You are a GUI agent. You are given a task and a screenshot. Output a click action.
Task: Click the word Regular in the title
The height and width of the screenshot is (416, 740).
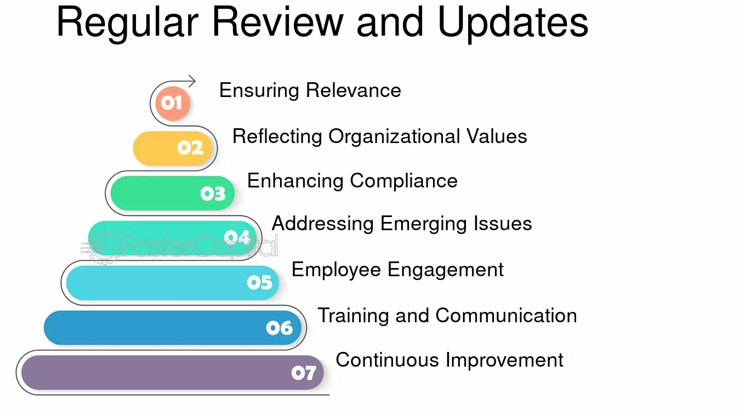[x=128, y=23]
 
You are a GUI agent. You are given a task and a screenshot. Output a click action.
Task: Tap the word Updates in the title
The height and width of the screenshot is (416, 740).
[x=513, y=23]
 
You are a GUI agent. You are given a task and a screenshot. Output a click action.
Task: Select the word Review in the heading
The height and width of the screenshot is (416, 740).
[x=277, y=21]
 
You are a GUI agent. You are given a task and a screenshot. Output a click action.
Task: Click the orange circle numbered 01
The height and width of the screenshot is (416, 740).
[x=173, y=103]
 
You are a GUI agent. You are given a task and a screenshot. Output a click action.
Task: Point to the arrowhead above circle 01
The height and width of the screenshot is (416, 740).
[x=192, y=81]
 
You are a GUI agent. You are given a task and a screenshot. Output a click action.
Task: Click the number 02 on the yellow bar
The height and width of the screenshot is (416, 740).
[x=190, y=147]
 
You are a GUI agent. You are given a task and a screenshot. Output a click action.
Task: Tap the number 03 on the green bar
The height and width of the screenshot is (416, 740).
[x=213, y=193]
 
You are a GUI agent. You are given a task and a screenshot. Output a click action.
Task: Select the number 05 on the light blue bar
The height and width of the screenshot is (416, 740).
[x=260, y=282]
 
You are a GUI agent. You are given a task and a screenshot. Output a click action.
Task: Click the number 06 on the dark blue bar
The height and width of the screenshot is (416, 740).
[x=280, y=328]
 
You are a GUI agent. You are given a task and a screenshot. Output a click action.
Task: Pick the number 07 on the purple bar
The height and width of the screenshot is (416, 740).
[x=304, y=373]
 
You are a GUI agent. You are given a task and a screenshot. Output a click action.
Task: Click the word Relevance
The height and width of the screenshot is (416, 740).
[x=354, y=90]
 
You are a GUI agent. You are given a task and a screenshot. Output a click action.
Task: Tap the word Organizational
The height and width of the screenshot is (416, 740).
[x=394, y=136]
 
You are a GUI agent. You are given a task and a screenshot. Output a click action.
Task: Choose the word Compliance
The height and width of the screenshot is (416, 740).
[x=403, y=181]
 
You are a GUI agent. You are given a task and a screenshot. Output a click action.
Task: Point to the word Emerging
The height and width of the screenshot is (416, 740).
[x=424, y=224]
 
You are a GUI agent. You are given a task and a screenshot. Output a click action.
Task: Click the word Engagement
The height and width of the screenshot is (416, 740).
[x=446, y=270]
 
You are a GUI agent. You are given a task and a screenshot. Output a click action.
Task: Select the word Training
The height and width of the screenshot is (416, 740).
[x=353, y=316]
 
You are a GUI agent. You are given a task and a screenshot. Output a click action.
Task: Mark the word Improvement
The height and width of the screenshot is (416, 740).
[x=504, y=361]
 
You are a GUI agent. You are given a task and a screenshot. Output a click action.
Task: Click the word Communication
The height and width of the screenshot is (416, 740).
[x=506, y=316]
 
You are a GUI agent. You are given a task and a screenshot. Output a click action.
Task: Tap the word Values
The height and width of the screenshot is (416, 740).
[x=497, y=136]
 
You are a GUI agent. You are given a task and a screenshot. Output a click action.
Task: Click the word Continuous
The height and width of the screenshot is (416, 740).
[x=387, y=360]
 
